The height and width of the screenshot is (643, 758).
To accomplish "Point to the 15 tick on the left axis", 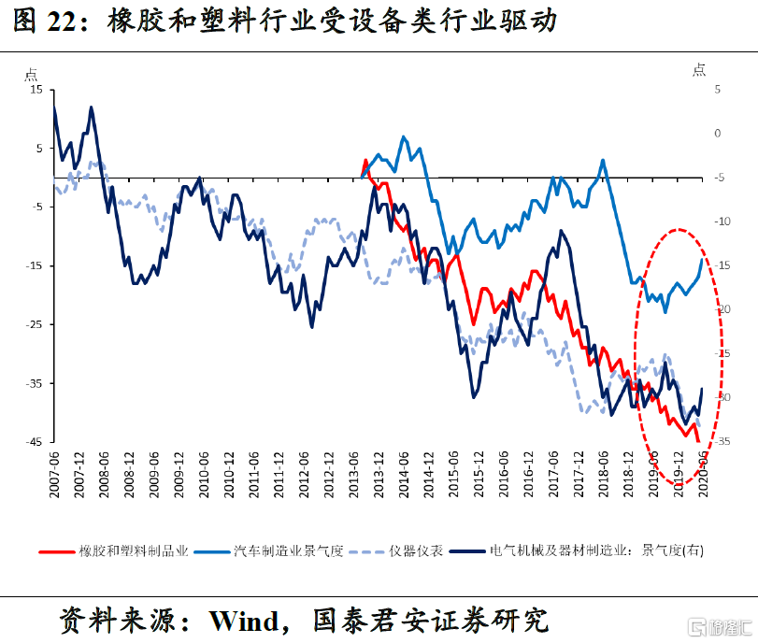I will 36,89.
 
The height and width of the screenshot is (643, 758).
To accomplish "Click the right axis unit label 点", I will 698,70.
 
